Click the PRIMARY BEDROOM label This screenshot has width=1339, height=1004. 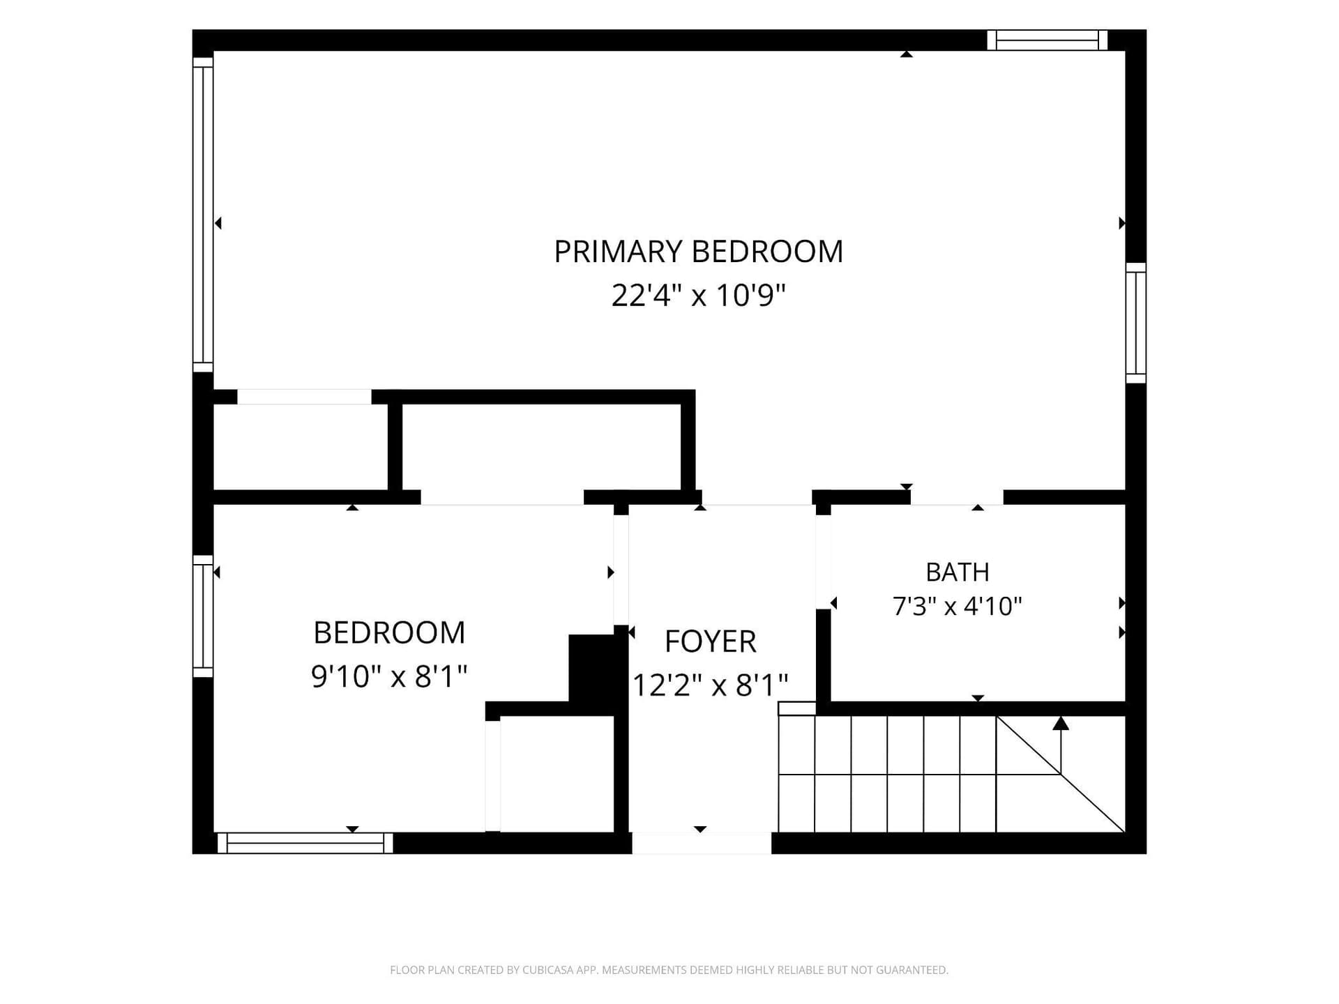(x=698, y=252)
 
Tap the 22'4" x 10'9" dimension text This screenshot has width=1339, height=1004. (x=698, y=295)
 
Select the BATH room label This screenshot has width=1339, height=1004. (x=958, y=572)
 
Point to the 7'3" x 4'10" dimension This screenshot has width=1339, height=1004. (x=958, y=606)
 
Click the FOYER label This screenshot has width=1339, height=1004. (x=710, y=641)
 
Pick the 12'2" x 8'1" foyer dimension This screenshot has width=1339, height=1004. (x=710, y=685)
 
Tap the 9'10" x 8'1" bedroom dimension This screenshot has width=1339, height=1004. (x=389, y=676)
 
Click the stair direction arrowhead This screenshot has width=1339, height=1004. (x=1061, y=723)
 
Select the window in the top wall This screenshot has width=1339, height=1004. (x=1047, y=40)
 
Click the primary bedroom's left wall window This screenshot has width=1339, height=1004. (x=203, y=215)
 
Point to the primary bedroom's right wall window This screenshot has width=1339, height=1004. (x=1136, y=323)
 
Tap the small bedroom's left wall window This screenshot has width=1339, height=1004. (x=203, y=616)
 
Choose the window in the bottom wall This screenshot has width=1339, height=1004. (x=305, y=843)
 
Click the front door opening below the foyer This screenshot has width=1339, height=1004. (x=702, y=843)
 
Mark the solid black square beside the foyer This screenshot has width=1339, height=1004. (x=592, y=668)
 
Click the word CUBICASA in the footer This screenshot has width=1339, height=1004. (x=548, y=970)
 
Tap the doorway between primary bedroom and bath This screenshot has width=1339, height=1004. (x=957, y=497)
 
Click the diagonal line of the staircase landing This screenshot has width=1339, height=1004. (x=1060, y=774)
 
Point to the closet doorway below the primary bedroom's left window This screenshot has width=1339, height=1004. (x=304, y=397)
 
